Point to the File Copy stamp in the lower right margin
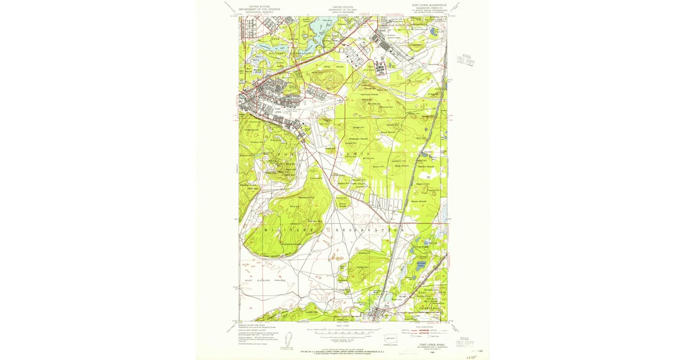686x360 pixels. tap(466, 340)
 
